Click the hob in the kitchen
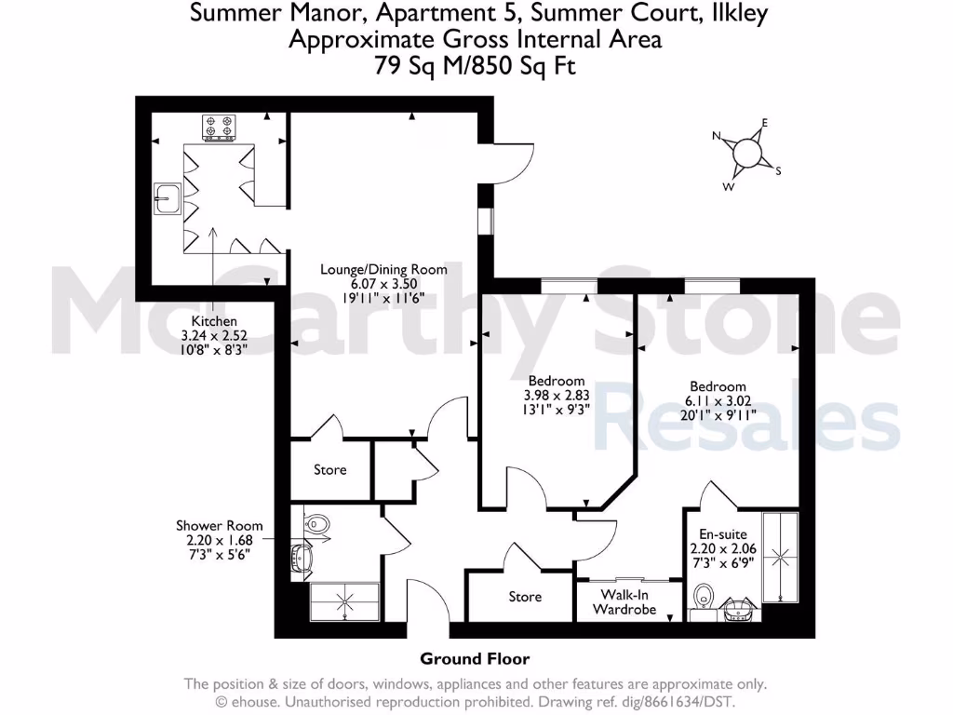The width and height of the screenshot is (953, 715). point(220,126)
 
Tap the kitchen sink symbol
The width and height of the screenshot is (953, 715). point(168,197)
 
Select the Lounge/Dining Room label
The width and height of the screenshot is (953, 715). point(383,270)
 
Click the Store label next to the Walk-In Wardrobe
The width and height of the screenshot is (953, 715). point(525,597)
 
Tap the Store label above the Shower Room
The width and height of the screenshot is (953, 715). point(329,470)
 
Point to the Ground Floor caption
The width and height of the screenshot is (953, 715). point(476,659)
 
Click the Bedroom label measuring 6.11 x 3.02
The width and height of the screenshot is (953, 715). point(718,386)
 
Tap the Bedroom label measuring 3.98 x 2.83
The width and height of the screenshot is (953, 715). point(556,380)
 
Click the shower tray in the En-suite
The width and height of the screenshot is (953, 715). point(780,557)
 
